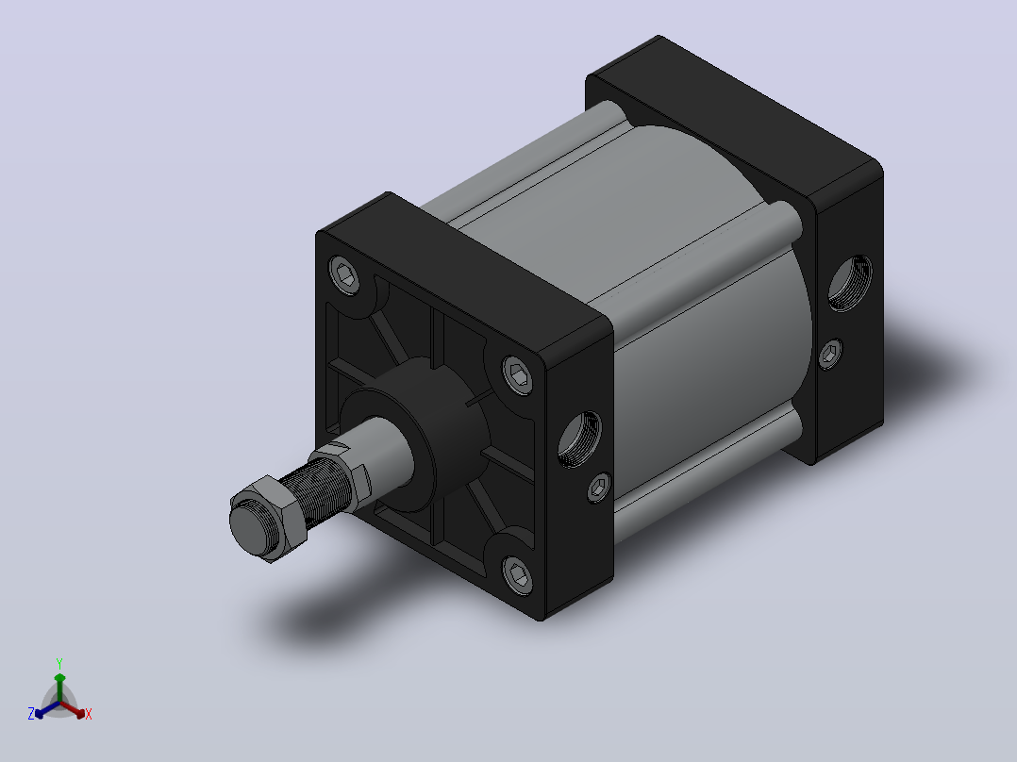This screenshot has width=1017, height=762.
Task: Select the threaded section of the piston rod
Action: [318, 489]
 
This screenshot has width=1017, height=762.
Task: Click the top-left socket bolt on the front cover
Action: [344, 274]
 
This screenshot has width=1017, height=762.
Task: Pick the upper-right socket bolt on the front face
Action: [518, 374]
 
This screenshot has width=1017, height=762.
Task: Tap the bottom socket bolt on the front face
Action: [518, 574]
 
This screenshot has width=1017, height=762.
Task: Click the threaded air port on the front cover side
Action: [580, 439]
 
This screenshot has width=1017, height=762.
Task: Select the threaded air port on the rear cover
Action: [850, 284]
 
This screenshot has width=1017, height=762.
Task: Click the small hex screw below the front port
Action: [599, 487]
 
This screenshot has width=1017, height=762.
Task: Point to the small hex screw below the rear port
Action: [830, 354]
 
